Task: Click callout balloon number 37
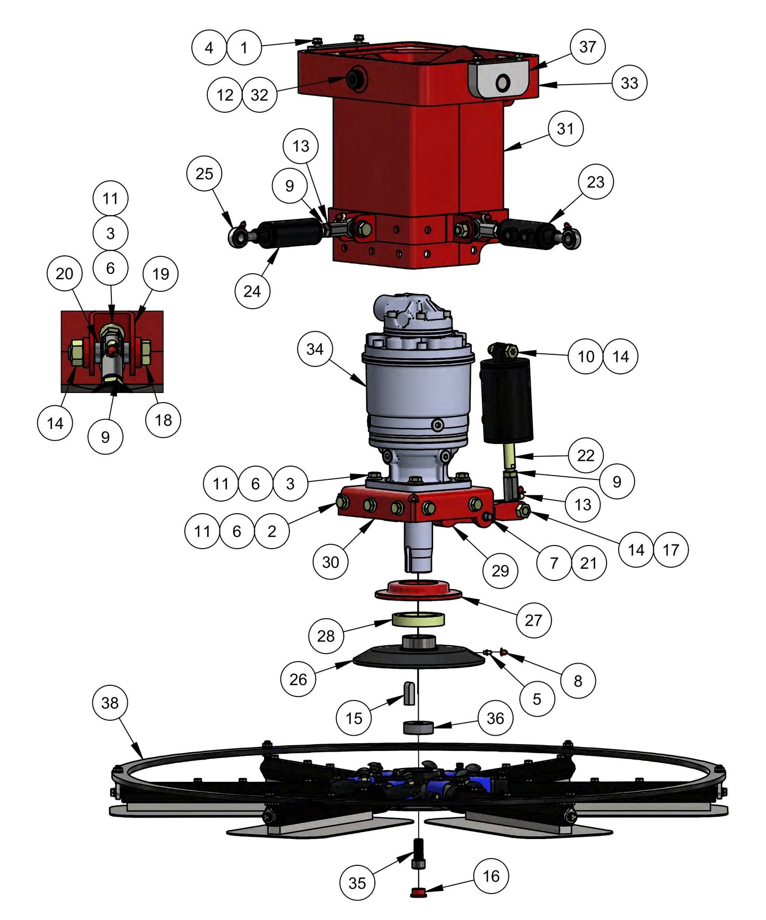pyautogui.click(x=587, y=47)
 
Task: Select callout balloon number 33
pyautogui.click(x=629, y=83)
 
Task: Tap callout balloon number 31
pyautogui.click(x=565, y=129)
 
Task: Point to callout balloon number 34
pyautogui.click(x=315, y=350)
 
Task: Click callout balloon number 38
pyautogui.click(x=110, y=703)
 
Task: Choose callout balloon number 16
pyautogui.click(x=491, y=876)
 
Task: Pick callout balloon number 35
pyautogui.click(x=357, y=883)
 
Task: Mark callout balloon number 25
pyautogui.click(x=204, y=174)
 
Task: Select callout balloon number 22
pyautogui.click(x=585, y=455)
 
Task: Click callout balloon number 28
pyautogui.click(x=325, y=636)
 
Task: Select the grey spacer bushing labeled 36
pyautogui.click(x=419, y=727)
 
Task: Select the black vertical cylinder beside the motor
pyautogui.click(x=506, y=400)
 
